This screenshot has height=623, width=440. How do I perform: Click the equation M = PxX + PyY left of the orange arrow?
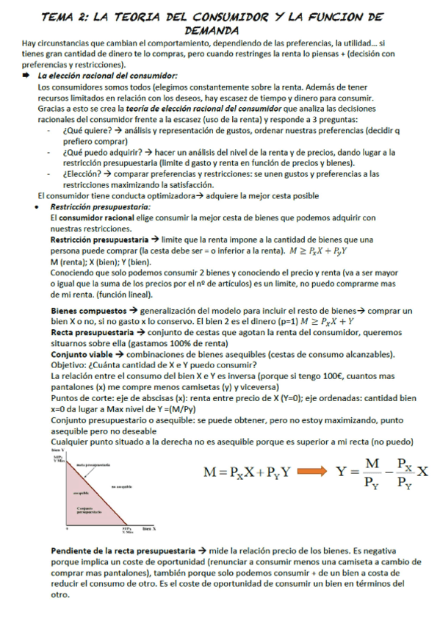248,472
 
